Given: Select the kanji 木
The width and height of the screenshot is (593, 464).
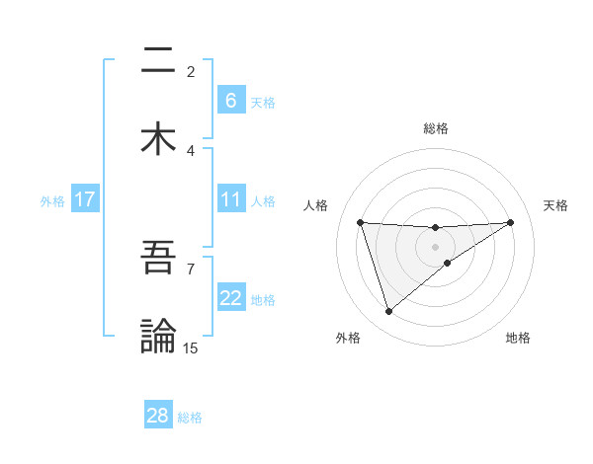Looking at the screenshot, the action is (158, 138).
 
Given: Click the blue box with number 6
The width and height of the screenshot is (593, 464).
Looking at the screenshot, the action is (230, 101).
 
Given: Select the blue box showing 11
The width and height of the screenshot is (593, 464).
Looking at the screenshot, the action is (230, 199).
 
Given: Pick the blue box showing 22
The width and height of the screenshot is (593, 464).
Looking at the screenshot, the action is (230, 298).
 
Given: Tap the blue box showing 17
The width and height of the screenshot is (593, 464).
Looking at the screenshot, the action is (85, 199).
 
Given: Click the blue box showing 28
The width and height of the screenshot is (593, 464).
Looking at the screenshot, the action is (158, 416).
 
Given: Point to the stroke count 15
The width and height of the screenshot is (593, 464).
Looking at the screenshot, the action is (191, 348).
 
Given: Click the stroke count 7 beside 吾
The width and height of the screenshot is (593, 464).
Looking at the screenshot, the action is (191, 268).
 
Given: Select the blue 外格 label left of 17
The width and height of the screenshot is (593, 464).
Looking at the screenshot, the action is (52, 200).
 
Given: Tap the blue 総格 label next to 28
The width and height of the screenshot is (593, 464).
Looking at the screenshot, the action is (190, 417).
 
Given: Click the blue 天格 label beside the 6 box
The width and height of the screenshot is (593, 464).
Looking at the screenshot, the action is (263, 102).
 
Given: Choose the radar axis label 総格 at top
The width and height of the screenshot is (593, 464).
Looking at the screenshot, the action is (436, 128).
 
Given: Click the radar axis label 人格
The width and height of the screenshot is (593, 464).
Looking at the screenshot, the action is (316, 205).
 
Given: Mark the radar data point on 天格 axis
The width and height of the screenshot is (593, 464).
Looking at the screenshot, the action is (510, 222).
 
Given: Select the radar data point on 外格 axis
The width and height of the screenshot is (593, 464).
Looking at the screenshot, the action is (388, 312).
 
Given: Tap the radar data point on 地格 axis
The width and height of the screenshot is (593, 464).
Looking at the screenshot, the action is (448, 263).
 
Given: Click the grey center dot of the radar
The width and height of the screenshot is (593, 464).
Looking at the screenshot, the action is (436, 246).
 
